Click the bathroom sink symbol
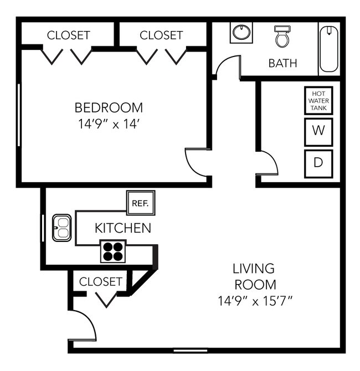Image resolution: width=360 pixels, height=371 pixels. (241, 32)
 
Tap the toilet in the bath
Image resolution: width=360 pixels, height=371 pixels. (282, 35)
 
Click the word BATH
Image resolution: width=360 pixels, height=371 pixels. (282, 63)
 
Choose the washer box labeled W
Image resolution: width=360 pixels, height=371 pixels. (318, 131)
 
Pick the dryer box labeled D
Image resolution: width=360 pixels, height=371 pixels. (318, 163)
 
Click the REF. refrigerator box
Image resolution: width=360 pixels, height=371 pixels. (141, 203)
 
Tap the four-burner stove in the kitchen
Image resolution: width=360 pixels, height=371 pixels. (113, 251)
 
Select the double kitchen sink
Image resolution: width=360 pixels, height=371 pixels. (61, 228)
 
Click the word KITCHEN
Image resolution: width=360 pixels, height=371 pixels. (122, 228)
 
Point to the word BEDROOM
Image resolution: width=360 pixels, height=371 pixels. (109, 107)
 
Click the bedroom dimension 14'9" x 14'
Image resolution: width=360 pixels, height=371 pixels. (109, 124)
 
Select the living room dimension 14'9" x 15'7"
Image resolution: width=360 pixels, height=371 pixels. (254, 302)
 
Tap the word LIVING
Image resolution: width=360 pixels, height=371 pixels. (254, 269)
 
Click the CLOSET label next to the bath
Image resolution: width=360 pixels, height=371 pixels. (161, 35)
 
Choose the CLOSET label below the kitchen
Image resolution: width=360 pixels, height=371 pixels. (100, 281)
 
